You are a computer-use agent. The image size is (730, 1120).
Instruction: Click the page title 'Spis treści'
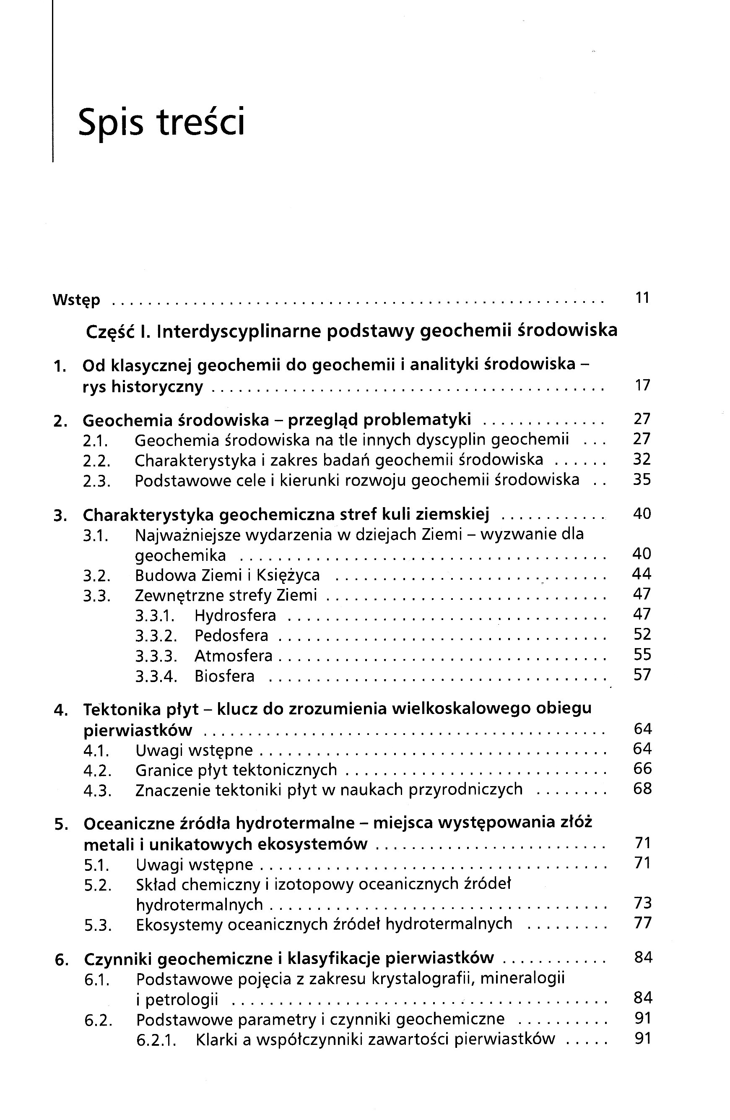(x=161, y=122)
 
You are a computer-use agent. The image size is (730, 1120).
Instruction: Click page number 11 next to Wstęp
(x=642, y=298)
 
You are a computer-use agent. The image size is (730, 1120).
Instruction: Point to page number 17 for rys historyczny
(x=642, y=385)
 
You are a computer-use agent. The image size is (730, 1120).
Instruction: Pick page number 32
(x=642, y=459)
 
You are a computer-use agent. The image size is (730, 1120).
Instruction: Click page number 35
(x=642, y=480)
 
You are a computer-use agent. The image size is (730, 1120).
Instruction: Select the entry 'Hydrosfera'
(x=235, y=615)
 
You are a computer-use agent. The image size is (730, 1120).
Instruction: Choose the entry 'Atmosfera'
(x=233, y=656)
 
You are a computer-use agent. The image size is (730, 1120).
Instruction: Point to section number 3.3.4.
(x=156, y=677)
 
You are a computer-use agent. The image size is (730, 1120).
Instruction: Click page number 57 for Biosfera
(x=642, y=675)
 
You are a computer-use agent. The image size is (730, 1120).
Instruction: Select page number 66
(x=642, y=768)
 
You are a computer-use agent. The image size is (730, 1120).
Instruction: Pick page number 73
(x=642, y=903)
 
